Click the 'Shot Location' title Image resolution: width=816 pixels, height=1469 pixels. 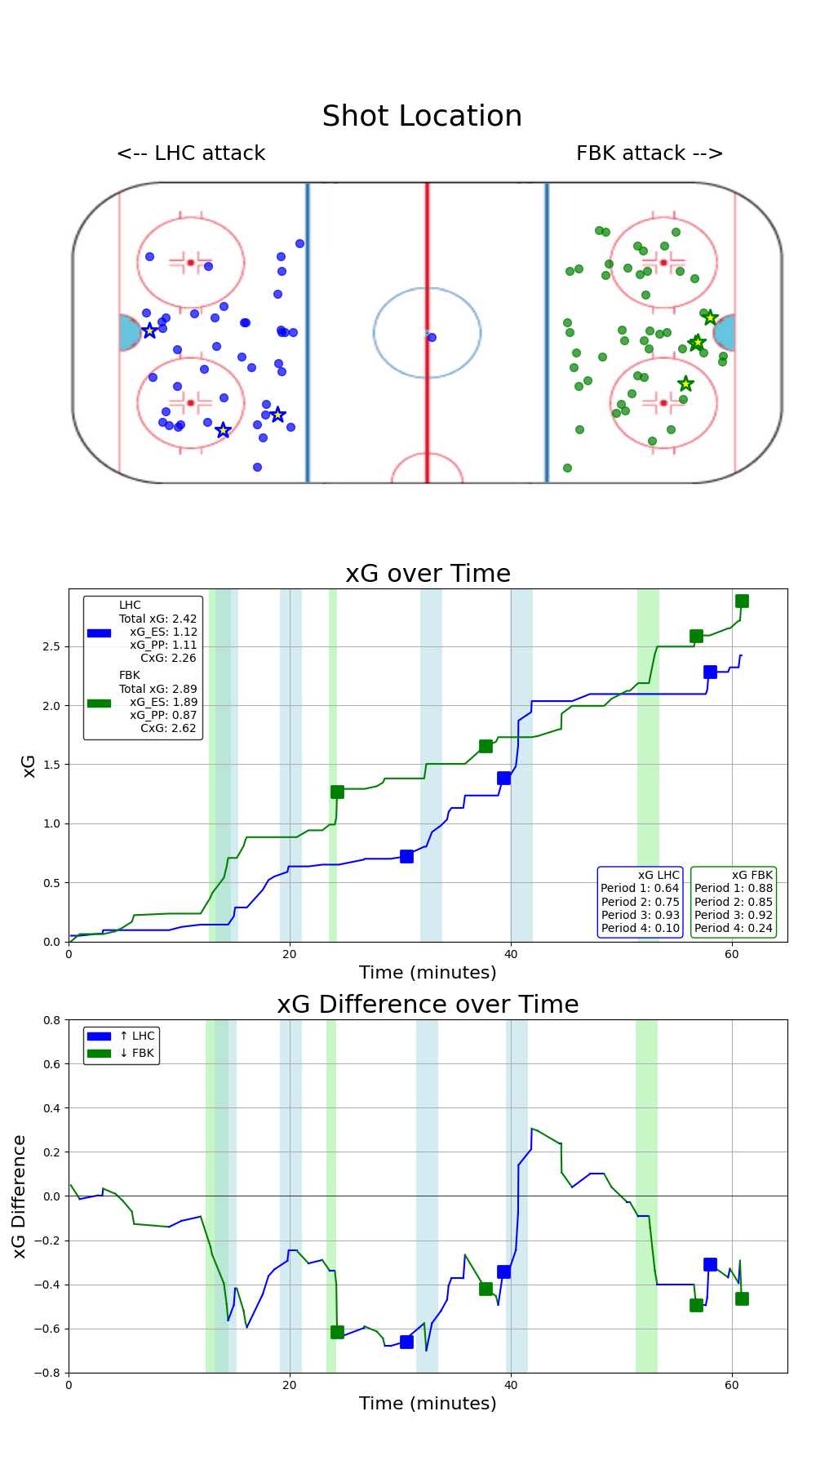coord(422,116)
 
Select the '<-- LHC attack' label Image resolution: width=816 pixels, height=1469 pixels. coord(191,153)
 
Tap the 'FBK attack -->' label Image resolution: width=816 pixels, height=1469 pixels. coord(650,153)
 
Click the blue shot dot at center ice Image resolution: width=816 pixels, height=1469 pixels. coord(432,337)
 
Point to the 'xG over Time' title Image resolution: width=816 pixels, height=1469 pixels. coord(428,574)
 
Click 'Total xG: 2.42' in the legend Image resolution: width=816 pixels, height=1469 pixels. coord(157,619)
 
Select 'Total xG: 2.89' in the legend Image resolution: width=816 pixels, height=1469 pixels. coord(157,689)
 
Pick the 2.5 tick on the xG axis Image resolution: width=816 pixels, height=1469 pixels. coord(51,646)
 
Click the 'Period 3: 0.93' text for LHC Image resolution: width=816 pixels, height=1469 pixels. coord(640,915)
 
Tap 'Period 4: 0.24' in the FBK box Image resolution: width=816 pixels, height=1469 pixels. coord(733,928)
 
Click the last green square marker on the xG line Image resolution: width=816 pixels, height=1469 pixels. coord(742,601)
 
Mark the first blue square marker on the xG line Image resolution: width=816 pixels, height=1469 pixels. coord(406,856)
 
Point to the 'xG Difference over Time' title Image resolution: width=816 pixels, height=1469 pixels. coord(428,1005)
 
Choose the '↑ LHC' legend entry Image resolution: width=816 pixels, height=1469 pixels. coord(136,1036)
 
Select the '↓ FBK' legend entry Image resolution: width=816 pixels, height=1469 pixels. coord(136,1053)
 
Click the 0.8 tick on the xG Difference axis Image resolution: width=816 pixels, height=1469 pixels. coord(51,1020)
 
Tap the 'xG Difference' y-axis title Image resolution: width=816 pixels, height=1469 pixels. coord(20,1196)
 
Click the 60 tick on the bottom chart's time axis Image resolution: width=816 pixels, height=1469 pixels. coord(732,1385)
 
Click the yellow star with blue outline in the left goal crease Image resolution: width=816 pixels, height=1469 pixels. coord(149,331)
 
